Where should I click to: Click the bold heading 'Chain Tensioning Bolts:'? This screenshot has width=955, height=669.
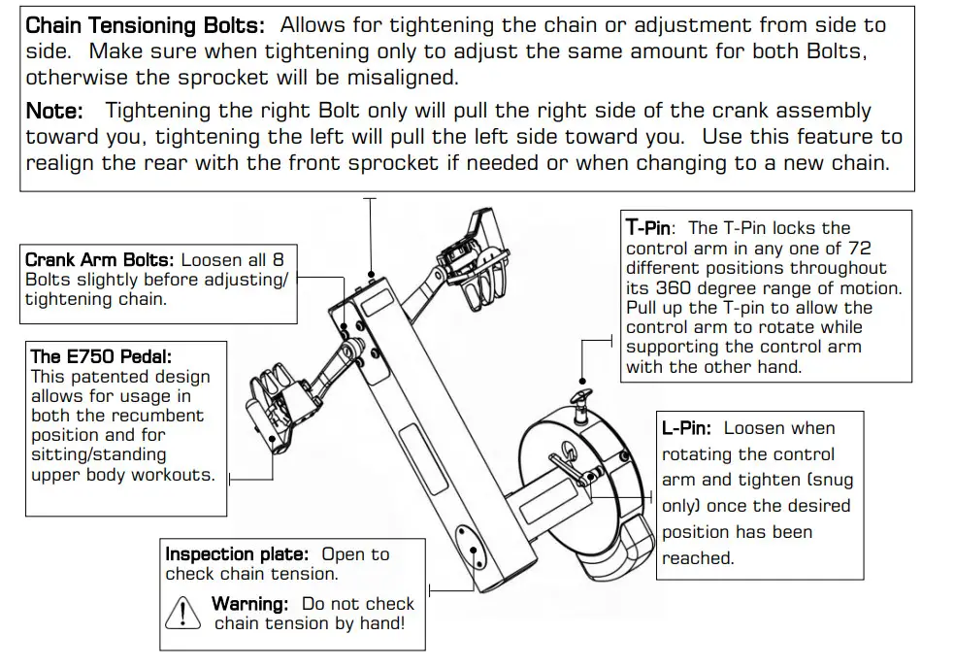145,25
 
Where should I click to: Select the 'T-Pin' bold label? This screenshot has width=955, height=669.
648,228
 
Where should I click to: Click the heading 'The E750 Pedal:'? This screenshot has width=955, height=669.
101,356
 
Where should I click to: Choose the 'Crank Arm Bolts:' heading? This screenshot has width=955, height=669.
100,260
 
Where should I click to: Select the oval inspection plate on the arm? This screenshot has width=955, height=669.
474,549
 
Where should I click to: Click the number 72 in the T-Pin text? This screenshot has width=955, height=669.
858,249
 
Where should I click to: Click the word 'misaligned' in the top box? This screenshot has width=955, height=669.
392,76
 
